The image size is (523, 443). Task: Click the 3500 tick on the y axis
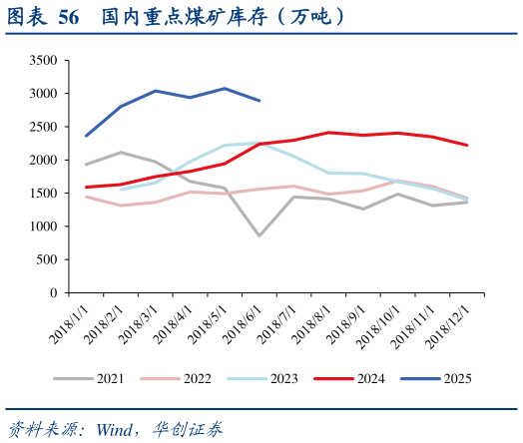tap(42, 61)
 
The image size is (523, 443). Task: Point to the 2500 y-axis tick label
tap(42, 127)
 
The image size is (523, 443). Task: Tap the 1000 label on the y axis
tap(42, 226)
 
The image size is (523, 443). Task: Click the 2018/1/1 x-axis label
tap(67, 325)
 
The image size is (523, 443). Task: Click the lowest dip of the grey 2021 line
tap(260, 236)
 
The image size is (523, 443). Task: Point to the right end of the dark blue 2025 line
tap(260, 101)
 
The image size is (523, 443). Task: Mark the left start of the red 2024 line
tap(86, 187)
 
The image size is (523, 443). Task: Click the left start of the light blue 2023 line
tap(121, 190)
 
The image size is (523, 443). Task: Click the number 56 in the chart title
tap(69, 17)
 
